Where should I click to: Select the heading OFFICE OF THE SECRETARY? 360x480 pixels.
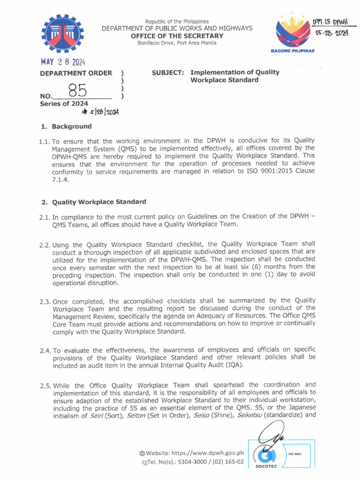coord(177,36)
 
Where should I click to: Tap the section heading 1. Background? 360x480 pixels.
coord(66,127)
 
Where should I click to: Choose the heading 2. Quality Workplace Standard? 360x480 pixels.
coord(93,202)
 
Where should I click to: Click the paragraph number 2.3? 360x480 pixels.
coord(45,301)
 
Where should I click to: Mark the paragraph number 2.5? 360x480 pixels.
coord(45,386)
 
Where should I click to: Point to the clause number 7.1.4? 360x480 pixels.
coord(62,179)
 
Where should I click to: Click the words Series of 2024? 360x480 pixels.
coord(64,104)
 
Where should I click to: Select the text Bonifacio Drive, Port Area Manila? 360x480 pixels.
coord(177,43)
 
